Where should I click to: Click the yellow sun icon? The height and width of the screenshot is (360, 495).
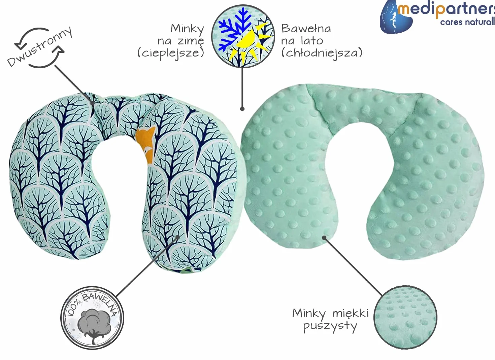tap(252, 44)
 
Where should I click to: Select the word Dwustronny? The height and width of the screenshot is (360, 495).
tap(40, 47)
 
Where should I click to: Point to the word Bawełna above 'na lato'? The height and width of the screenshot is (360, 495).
tap(306, 29)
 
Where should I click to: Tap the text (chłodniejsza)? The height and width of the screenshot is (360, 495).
tap(322, 53)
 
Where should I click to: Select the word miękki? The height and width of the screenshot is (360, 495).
tap(351, 313)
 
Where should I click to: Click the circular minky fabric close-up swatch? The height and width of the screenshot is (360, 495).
tap(405, 317)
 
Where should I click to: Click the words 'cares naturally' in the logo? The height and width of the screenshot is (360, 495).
tap(467, 22)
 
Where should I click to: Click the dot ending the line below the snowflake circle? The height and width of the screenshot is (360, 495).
tap(242, 109)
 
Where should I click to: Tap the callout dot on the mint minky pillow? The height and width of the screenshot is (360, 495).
tap(324, 238)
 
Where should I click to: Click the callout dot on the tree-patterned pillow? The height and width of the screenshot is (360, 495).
tap(178, 237)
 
